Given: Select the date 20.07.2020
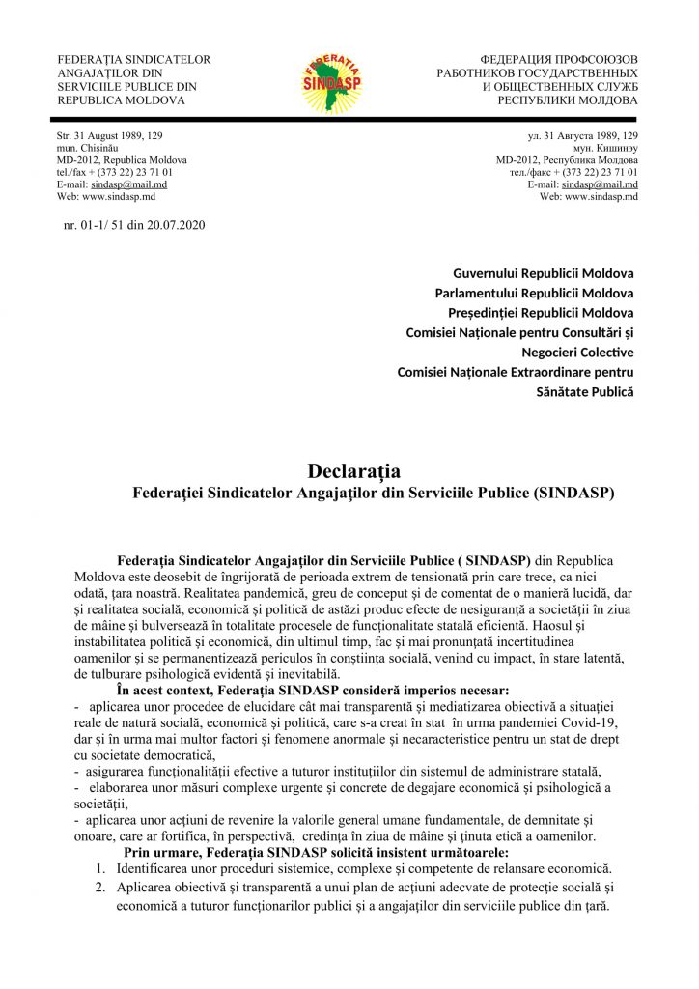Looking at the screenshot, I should [176, 225].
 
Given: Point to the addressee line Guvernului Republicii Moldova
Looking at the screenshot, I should [544, 272].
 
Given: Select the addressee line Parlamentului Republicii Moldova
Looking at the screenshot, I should [534, 293].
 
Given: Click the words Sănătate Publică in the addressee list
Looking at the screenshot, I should [585, 392].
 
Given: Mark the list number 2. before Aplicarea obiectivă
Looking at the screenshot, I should [100, 888].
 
